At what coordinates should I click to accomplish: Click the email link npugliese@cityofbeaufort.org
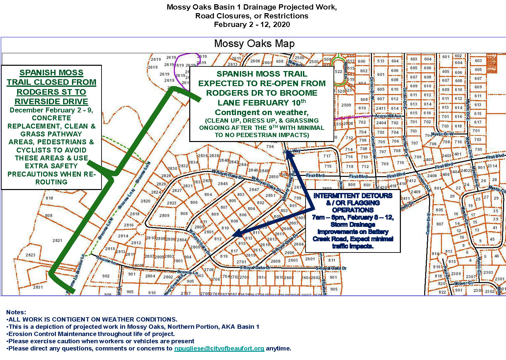click(219, 348)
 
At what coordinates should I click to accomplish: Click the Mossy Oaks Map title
click(254, 44)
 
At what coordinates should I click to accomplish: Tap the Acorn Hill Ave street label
click(388, 116)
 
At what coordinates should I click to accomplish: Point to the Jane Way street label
click(291, 151)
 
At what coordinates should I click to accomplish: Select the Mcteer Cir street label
click(464, 283)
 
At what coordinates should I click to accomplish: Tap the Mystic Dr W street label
click(442, 134)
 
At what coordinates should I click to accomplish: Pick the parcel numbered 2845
click(223, 184)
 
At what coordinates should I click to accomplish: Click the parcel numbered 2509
click(346, 105)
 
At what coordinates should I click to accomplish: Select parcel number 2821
click(57, 240)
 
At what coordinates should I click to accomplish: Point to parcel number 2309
click(456, 274)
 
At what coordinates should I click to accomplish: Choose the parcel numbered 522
click(338, 71)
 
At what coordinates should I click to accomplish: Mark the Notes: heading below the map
click(16, 312)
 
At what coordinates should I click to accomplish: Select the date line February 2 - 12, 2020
click(252, 25)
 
